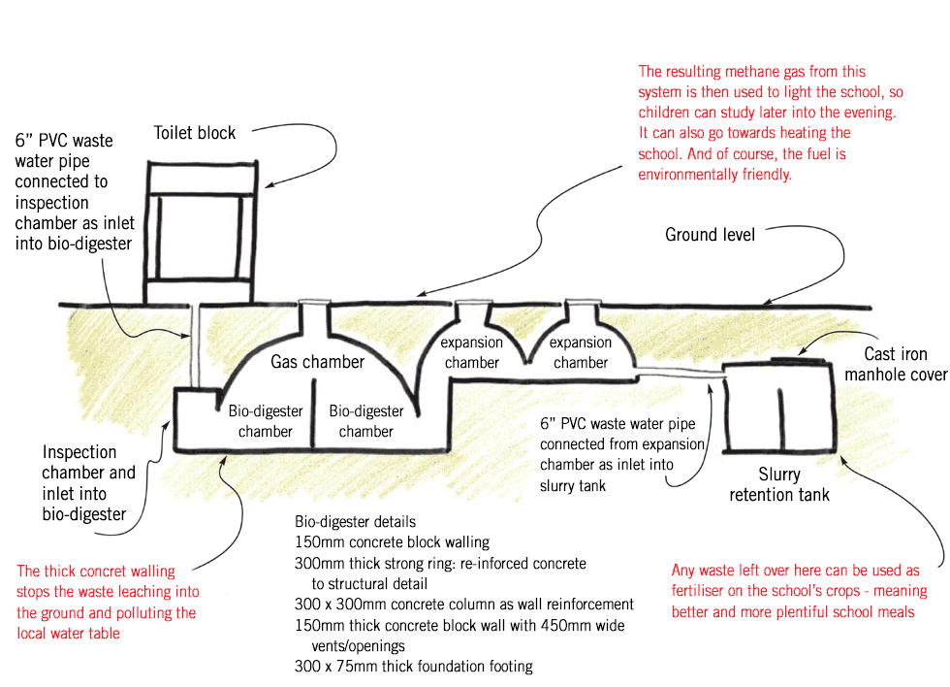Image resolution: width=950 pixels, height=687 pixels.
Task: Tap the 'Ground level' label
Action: click(710, 235)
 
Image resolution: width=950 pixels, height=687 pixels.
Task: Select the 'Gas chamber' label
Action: click(317, 362)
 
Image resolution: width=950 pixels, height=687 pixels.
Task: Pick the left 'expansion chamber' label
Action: click(472, 352)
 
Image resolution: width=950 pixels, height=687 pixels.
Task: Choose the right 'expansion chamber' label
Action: click(581, 352)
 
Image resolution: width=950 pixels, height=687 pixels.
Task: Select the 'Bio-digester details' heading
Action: click(355, 522)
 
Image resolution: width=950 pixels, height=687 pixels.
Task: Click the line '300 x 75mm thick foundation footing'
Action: click(413, 666)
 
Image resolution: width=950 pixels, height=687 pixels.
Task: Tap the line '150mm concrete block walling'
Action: click(392, 542)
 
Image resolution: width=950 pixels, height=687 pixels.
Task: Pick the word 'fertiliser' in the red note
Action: click(704, 591)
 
